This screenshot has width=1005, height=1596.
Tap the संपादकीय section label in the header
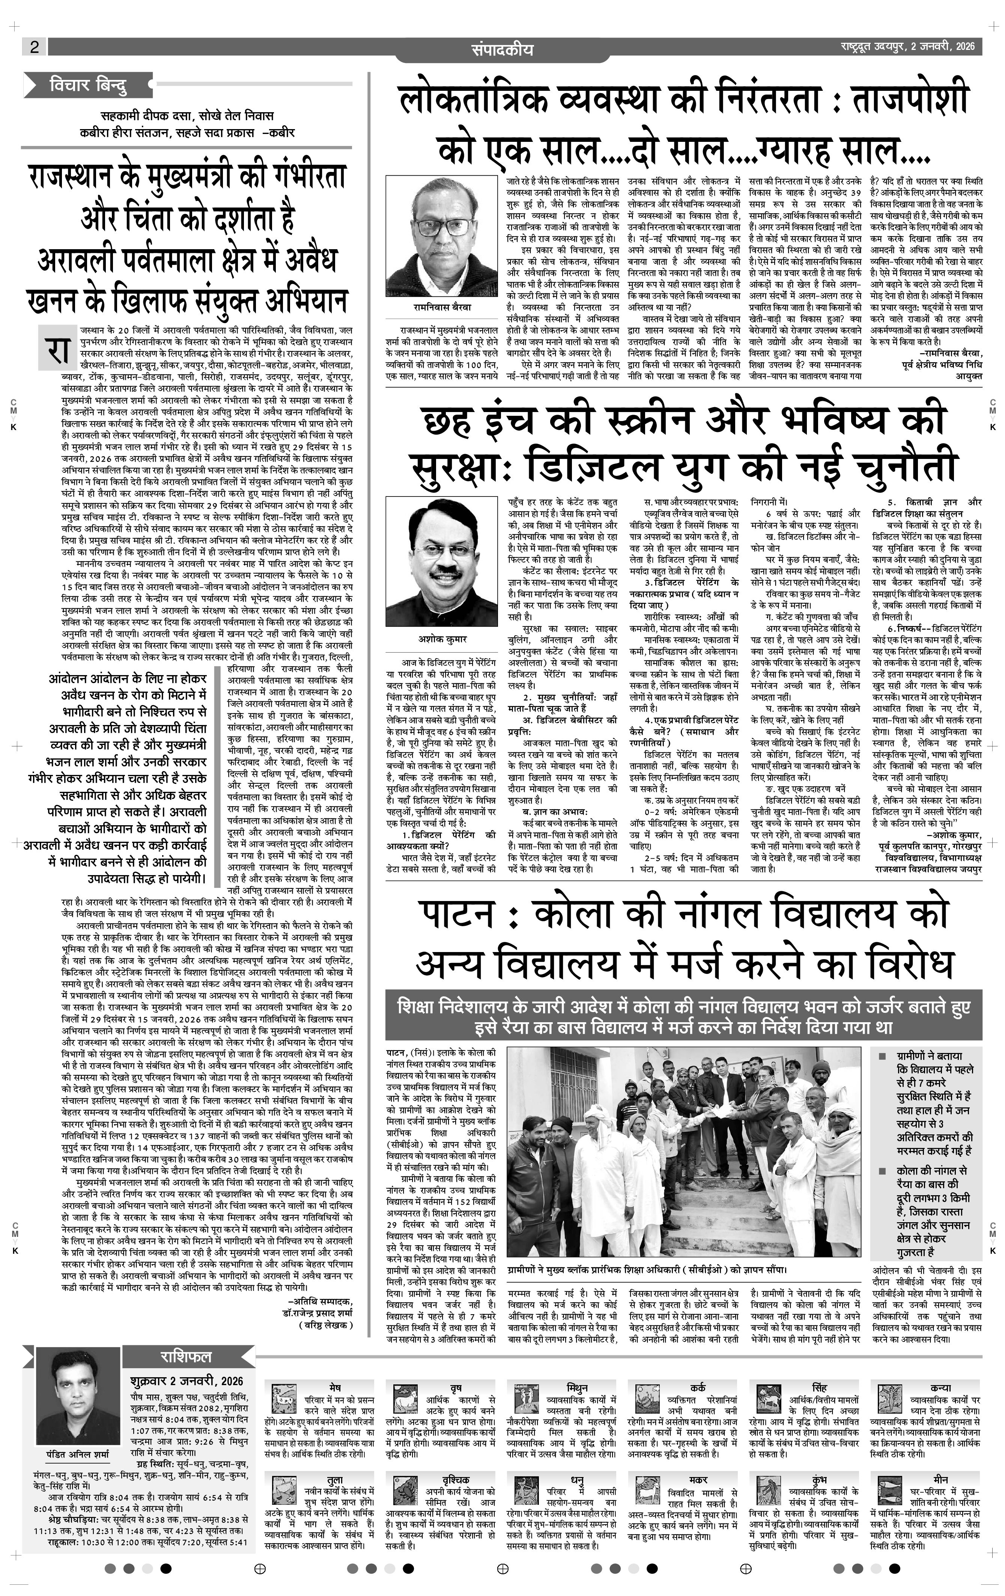tap(502, 49)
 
